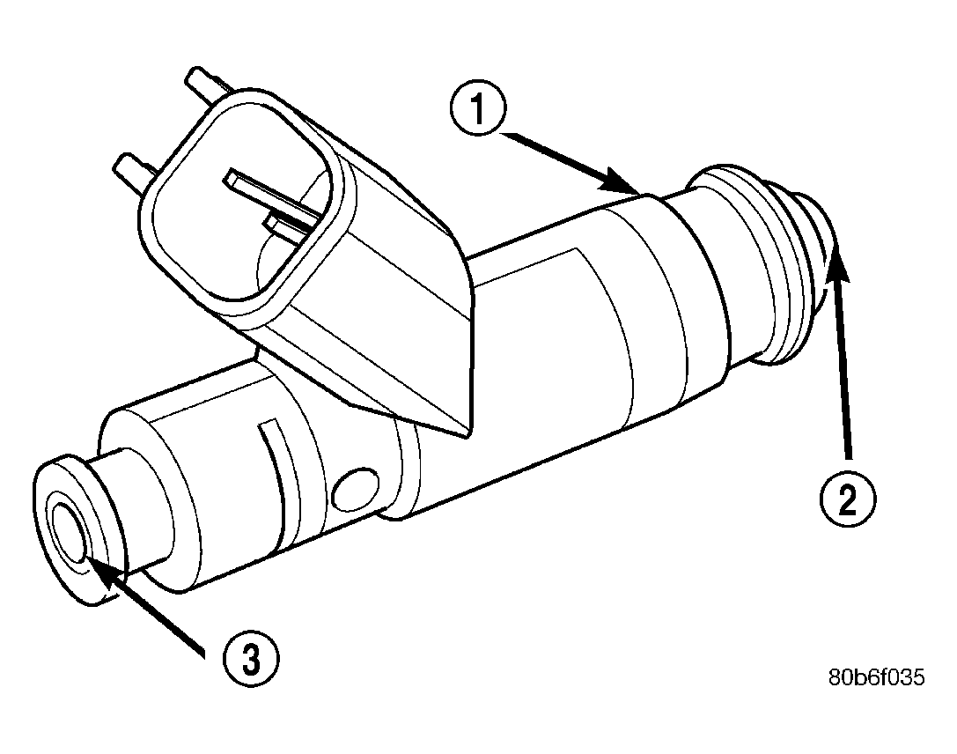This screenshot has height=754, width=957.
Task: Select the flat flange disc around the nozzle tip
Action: point(75,529)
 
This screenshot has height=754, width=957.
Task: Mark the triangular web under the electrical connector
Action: point(423,370)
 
